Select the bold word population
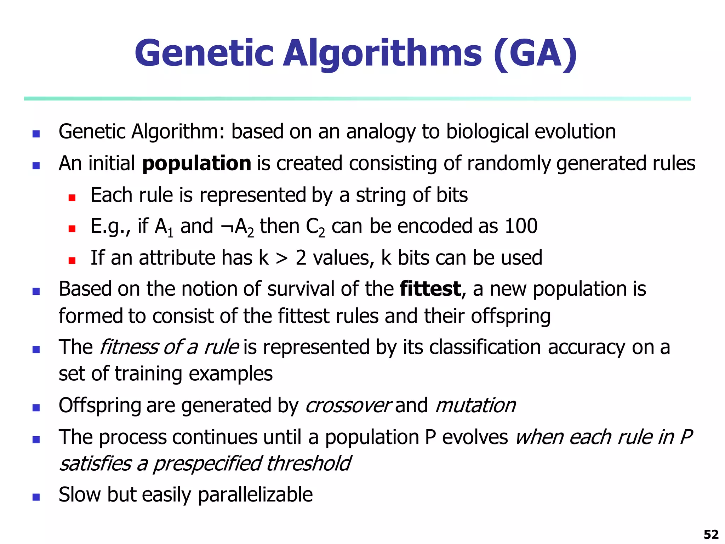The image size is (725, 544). (x=196, y=164)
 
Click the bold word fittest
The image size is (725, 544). (x=430, y=289)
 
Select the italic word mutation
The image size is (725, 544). (x=475, y=406)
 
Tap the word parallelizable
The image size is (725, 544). (x=255, y=495)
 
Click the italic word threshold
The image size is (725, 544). (x=308, y=464)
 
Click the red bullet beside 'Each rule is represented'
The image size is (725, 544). (x=72, y=198)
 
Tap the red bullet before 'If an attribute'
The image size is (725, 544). (x=72, y=261)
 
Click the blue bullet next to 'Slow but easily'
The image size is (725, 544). (x=36, y=497)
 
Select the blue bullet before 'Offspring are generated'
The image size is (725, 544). (x=36, y=408)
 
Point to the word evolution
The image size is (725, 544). (x=575, y=132)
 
